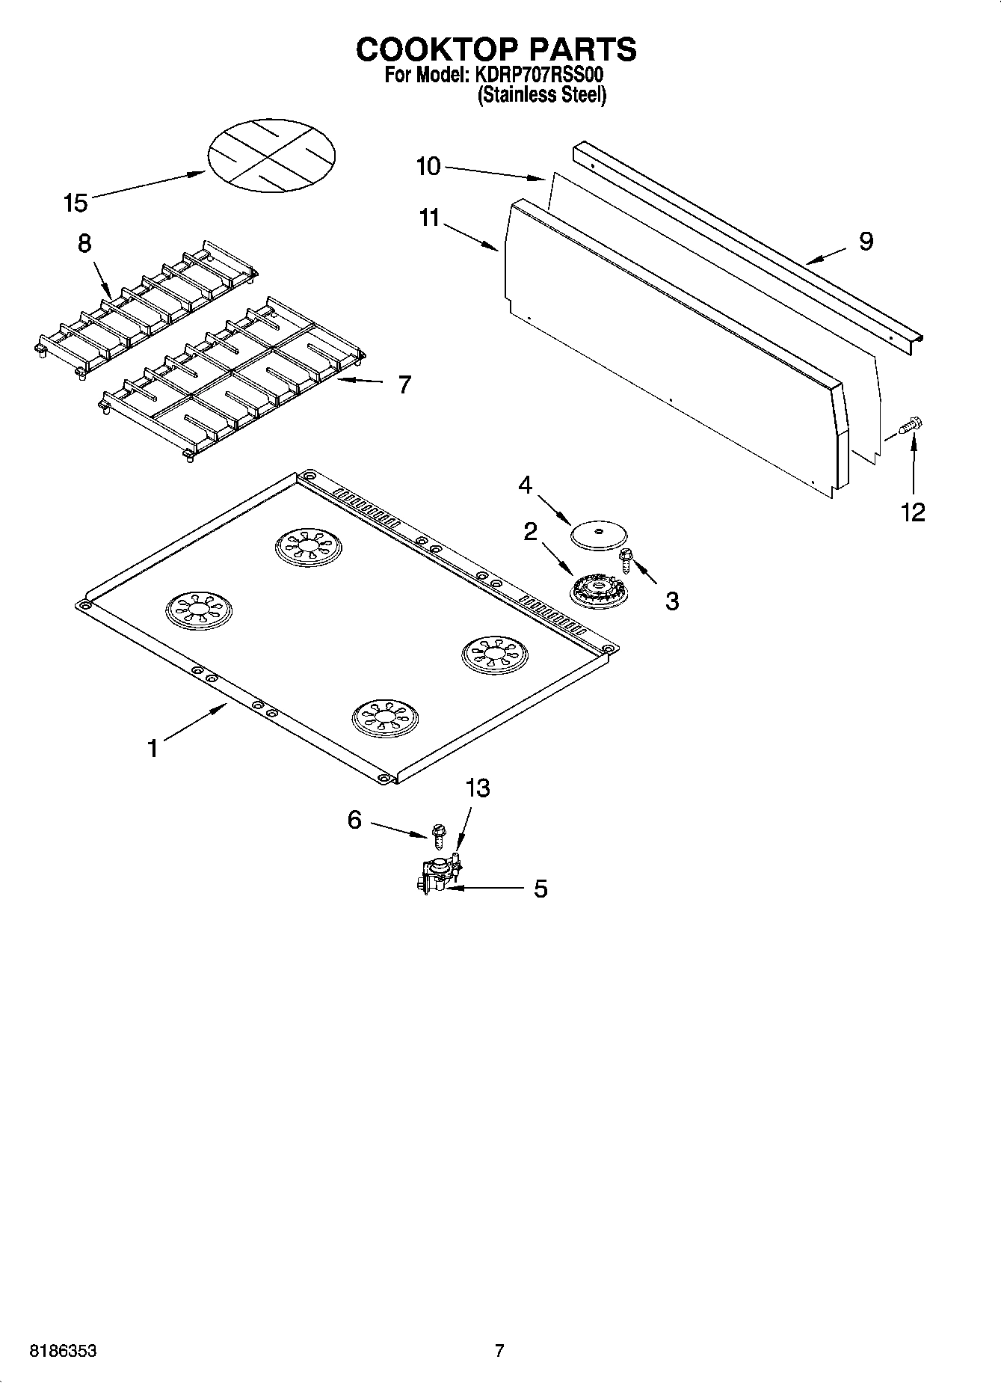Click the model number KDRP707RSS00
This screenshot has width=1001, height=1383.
pos(535,76)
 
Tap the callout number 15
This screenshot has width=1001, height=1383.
pos(76,203)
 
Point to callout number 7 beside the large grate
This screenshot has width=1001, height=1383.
pos(404,384)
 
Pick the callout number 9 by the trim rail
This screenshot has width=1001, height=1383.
pos(866,241)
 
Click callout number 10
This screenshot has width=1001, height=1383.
pos(428,166)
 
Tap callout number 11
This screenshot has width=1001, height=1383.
pos(430,218)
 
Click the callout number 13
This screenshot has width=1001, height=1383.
pos(478,788)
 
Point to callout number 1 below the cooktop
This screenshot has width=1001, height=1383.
pos(153,747)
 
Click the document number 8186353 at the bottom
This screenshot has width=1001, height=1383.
pos(63,1351)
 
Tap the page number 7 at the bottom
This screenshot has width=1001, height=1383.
pos(499,1350)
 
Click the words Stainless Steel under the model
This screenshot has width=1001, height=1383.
pos(541,95)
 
